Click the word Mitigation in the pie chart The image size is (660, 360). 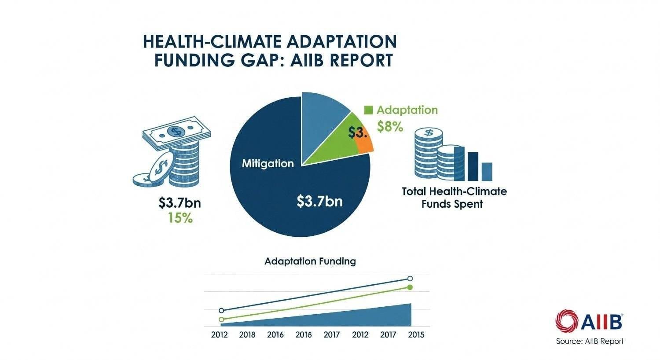point(268,164)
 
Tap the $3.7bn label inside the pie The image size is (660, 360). point(319,202)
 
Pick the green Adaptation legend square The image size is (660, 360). point(369,110)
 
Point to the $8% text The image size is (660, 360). point(390,127)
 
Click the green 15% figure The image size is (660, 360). point(180,217)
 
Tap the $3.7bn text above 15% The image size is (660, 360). point(180,203)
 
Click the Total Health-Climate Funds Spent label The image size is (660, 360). point(454,198)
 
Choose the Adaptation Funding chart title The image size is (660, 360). point(310,261)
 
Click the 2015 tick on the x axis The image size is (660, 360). point(416,335)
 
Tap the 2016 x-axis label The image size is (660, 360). point(275,335)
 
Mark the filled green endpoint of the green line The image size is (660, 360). point(410,287)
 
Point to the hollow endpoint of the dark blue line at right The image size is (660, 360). point(410,279)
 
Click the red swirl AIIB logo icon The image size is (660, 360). point(566,320)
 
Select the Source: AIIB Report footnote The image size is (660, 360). point(589,341)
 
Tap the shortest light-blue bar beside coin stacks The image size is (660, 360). point(487,172)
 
